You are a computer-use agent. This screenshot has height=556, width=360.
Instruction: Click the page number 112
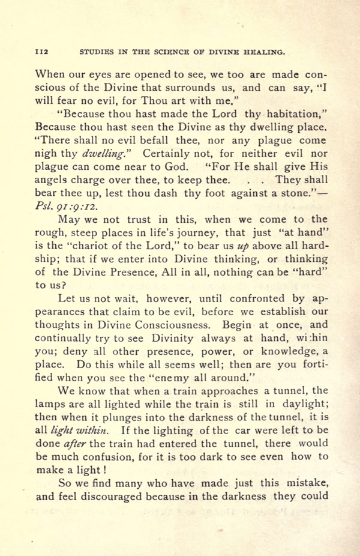tap(43, 52)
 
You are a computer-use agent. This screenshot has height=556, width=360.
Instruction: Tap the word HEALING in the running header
tap(261, 52)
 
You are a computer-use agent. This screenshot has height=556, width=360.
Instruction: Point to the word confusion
tap(107, 457)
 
